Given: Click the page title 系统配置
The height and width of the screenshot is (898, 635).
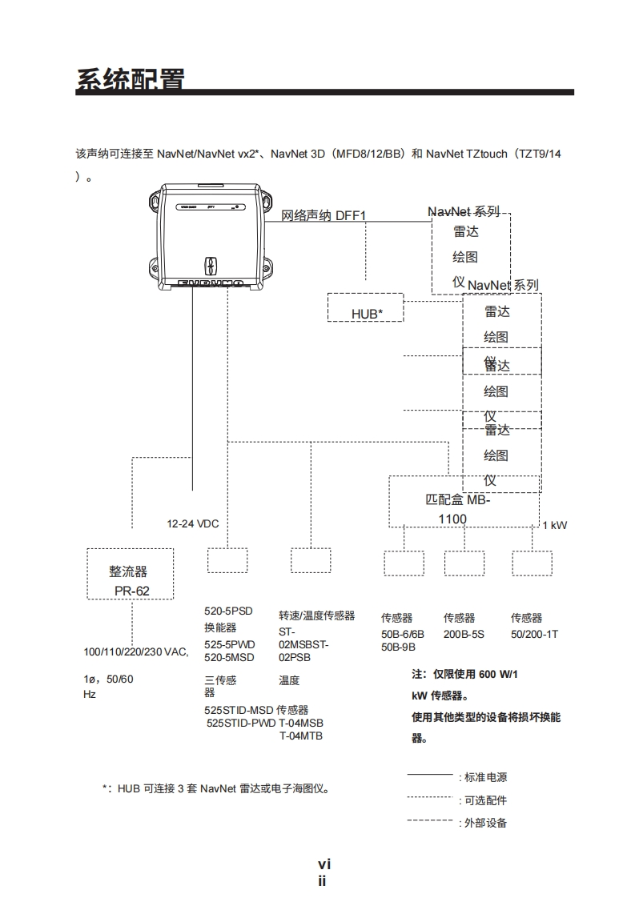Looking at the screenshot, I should point(131,80).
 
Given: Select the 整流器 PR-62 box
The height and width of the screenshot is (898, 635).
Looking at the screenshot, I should point(130,574).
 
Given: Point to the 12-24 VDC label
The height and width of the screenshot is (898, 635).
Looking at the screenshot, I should point(192,523).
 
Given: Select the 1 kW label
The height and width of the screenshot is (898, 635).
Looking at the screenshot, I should point(554,525).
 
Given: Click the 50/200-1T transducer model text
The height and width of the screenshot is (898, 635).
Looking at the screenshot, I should point(534,634).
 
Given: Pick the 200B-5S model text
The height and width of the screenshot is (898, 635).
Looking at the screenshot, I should point(464,634).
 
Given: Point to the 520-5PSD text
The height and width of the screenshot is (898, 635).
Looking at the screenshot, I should point(228,611).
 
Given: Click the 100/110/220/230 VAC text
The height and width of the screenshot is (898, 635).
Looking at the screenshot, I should point(136,651).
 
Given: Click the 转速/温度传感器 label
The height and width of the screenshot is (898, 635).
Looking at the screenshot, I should point(316,615).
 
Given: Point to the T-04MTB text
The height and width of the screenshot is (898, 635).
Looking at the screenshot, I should point(300,736).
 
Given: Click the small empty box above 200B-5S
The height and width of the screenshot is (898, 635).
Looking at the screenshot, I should point(464,563).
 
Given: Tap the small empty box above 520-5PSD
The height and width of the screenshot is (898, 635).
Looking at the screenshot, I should point(227,560).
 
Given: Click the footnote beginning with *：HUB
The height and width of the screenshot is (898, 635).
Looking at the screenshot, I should point(216,788).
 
